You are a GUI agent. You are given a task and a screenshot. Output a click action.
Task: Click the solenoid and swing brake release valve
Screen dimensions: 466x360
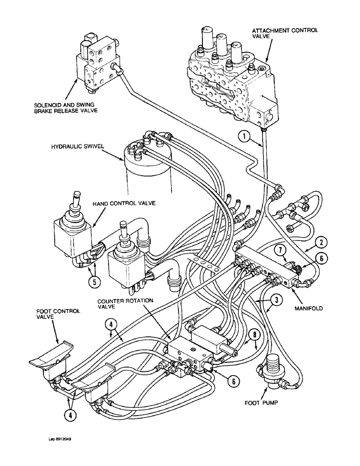click(x=98, y=63)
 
